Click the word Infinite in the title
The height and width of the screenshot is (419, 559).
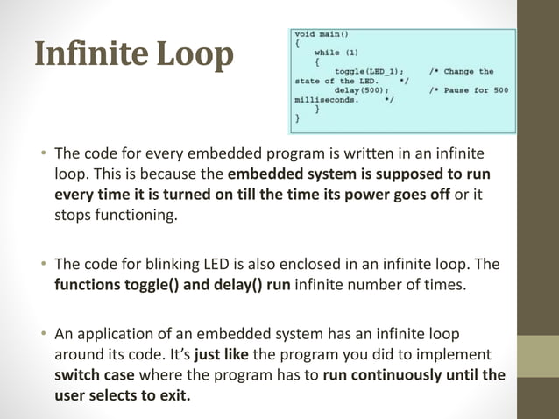(91, 54)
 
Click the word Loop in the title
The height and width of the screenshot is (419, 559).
(196, 54)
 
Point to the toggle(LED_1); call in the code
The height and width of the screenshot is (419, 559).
(369, 71)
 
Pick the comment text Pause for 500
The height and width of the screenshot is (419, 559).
(477, 89)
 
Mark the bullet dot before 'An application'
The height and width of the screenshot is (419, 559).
(41, 334)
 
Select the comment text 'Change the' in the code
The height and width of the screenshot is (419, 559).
(469, 71)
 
